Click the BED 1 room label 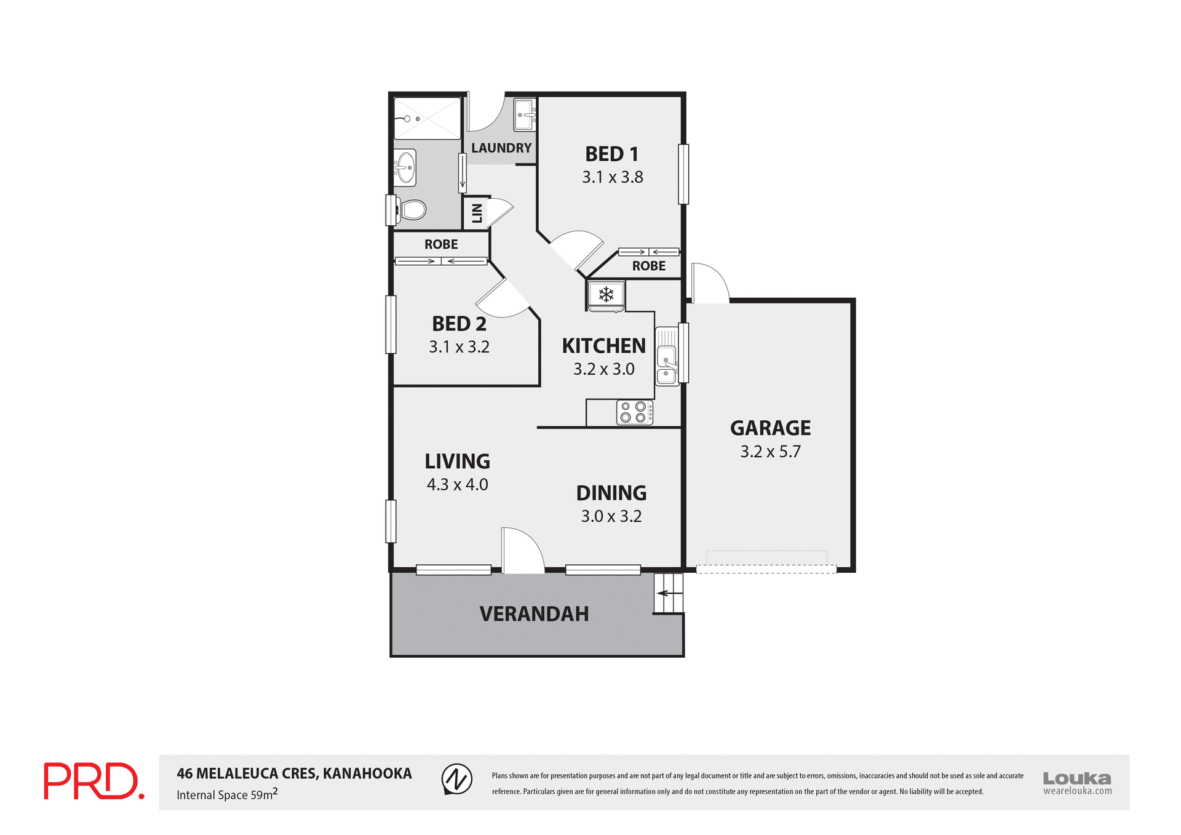pos(611,154)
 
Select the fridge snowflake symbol pos(606,295)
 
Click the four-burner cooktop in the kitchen pos(634,412)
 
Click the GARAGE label pos(770,428)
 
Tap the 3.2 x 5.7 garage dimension pos(770,452)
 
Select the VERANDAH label pos(534,613)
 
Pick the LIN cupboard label pos(477,214)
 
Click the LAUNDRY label pos(501,148)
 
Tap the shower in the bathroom pos(427,118)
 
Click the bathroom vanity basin pos(405,167)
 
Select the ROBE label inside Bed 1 pos(648,266)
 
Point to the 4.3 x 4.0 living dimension pos(457,485)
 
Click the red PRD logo pos(93,781)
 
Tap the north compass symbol pos(457,779)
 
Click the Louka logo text pos(1076,778)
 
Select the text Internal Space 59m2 pos(227,794)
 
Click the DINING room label pos(611,493)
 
